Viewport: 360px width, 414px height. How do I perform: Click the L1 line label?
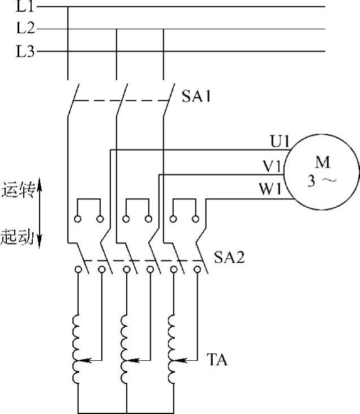[x=25, y=7]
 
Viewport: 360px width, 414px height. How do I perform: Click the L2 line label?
[x=25, y=29]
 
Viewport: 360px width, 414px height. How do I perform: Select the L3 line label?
[x=25, y=52]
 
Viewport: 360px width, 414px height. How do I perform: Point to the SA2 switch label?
[x=229, y=258]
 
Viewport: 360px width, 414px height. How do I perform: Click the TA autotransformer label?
[x=217, y=359]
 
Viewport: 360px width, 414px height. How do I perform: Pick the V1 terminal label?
[x=272, y=166]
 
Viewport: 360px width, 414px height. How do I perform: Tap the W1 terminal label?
[x=271, y=190]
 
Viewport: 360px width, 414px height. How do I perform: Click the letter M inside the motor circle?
[x=322, y=164]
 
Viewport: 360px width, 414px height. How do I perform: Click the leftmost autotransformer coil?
[x=77, y=349]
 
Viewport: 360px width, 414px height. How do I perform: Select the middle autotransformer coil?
[x=125, y=349]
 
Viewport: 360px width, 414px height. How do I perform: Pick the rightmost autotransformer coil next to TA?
[x=172, y=349]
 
